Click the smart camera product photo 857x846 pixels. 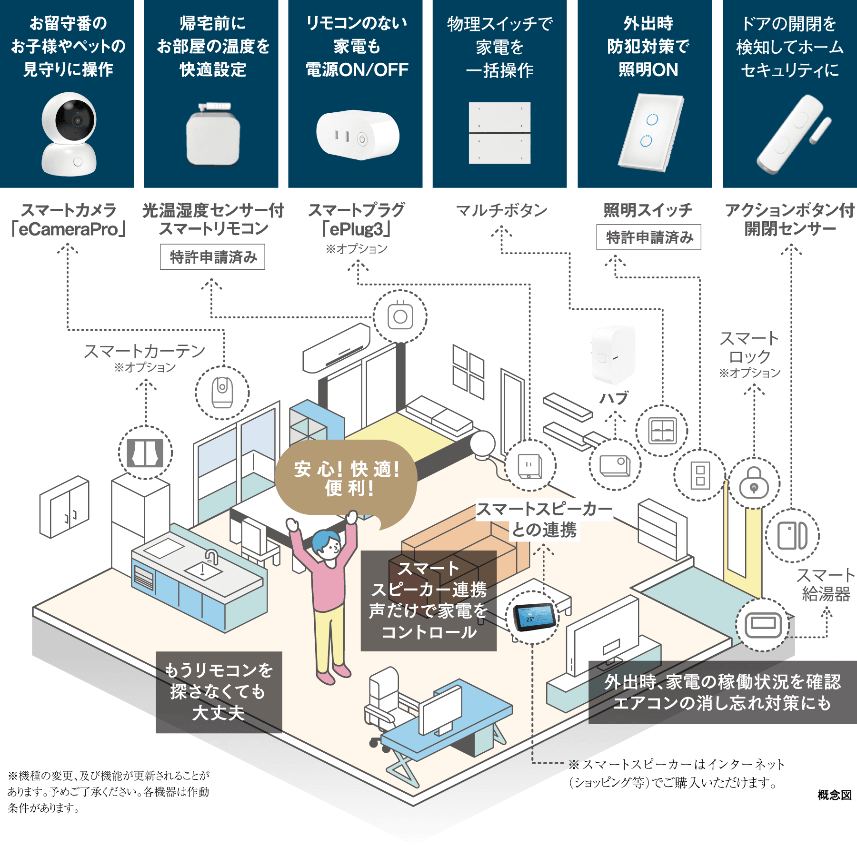[x=69, y=135]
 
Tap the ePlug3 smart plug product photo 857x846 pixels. [x=358, y=135]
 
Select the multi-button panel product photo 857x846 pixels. [x=499, y=133]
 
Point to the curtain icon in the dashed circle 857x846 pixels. [x=145, y=453]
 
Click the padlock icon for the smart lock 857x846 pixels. [x=754, y=483]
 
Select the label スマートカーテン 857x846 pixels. [x=144, y=351]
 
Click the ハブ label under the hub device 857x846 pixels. [x=614, y=398]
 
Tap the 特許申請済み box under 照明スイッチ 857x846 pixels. [x=649, y=237]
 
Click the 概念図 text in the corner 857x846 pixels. [x=835, y=795]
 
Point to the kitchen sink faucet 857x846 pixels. [x=211, y=557]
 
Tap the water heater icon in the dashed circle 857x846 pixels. [x=763, y=625]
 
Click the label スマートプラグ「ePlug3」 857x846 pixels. [x=357, y=219]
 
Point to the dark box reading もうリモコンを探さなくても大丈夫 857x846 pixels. [x=219, y=692]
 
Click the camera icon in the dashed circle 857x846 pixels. [x=222, y=393]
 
